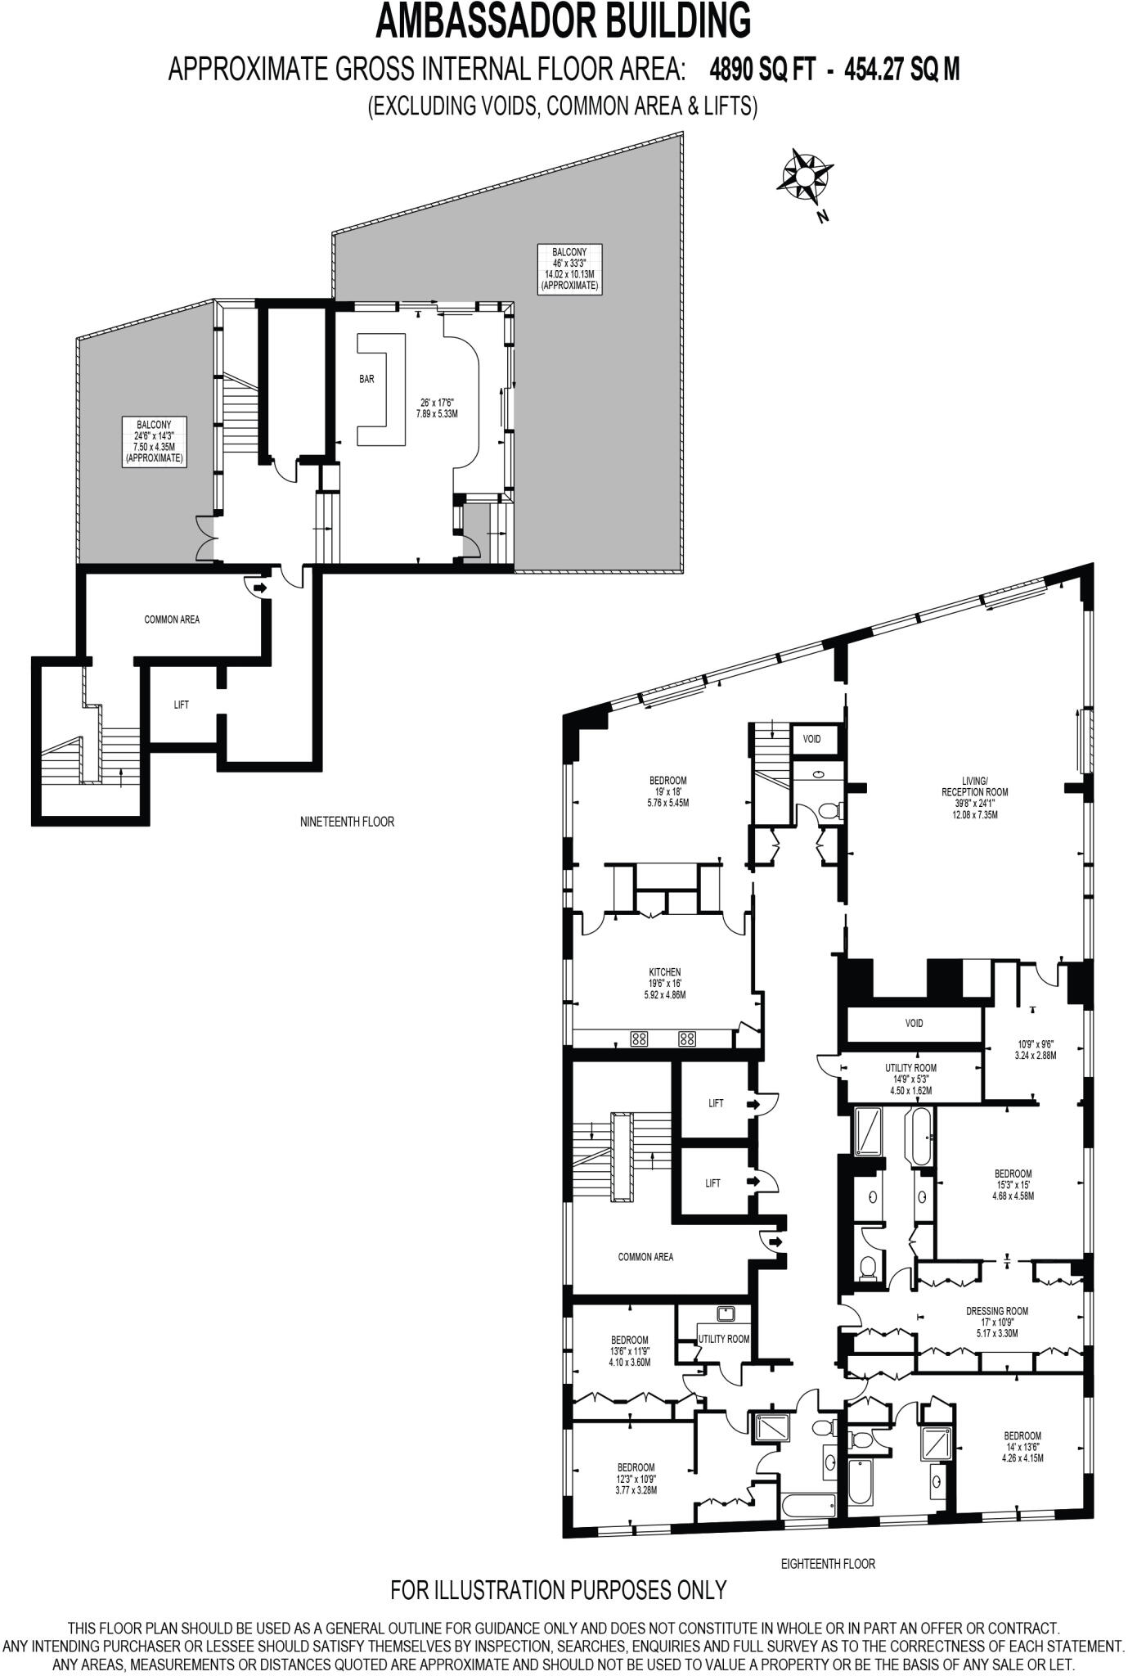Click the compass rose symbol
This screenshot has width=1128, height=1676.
point(805,175)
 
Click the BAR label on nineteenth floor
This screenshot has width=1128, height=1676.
point(366,379)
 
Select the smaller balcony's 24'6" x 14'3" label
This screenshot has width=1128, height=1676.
point(154,442)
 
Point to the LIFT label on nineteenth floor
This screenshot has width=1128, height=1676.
point(182,705)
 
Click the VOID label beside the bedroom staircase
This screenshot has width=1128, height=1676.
point(811,739)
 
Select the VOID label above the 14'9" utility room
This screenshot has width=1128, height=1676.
point(914,1023)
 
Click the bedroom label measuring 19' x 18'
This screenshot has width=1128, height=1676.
point(667,791)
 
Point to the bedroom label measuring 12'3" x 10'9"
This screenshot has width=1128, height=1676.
point(636,1478)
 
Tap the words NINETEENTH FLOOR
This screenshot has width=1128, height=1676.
point(347,821)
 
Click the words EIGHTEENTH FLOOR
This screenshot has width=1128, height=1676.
point(828,1563)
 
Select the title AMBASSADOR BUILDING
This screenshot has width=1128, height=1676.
point(563,21)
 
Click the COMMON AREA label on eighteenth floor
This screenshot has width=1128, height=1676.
point(645,1257)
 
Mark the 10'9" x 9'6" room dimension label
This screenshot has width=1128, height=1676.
point(1036,1049)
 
